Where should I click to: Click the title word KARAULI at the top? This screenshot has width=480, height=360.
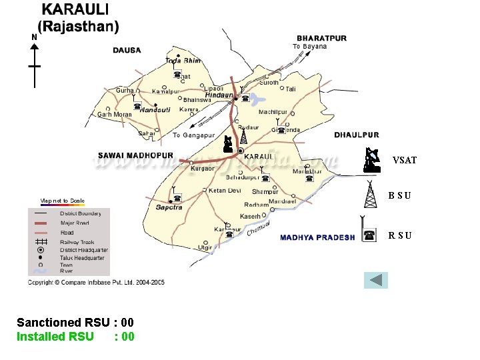(x=77, y=11)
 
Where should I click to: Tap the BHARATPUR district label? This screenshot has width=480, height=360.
(x=321, y=38)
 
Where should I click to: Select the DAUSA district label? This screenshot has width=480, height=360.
(x=127, y=50)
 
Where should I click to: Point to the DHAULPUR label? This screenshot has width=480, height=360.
(x=356, y=135)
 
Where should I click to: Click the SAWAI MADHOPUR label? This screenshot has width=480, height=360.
(x=135, y=155)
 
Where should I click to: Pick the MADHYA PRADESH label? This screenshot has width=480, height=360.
(x=317, y=237)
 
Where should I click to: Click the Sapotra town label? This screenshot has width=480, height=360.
(x=169, y=207)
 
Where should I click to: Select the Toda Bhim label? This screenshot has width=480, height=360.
(x=182, y=61)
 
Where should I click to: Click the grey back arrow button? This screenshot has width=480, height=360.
(x=376, y=280)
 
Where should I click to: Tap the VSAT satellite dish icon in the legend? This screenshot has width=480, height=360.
(x=372, y=159)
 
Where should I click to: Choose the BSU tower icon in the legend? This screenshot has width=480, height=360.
(x=370, y=195)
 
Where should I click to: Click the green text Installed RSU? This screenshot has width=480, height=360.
(x=55, y=337)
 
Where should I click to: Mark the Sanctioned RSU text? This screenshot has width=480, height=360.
(x=63, y=323)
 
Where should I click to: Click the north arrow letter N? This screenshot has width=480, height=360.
(x=34, y=37)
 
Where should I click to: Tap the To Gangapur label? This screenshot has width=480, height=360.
(x=193, y=135)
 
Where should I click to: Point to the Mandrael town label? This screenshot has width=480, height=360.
(x=282, y=201)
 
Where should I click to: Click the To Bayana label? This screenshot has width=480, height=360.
(x=310, y=47)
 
